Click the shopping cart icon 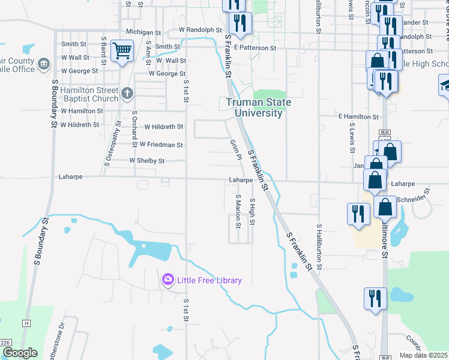coord(122,50)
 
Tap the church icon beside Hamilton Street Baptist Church coord(127,93)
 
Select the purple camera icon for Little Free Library coord(167,280)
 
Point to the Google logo coord(19,353)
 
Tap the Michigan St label coord(143,32)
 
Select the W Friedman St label coord(161,145)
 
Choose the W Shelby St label coord(146,161)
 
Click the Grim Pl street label coord(235,149)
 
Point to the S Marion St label coord(238,212)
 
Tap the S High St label coord(252,212)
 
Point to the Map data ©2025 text coord(423,355)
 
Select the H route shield coord(26,323)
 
